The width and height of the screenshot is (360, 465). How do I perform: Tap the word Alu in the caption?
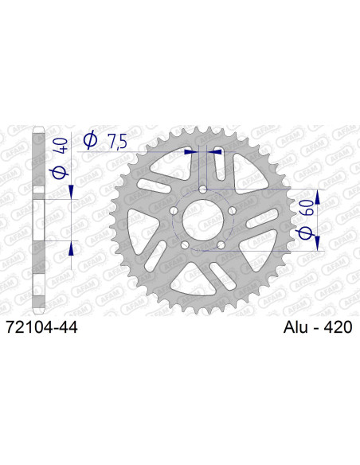click(x=297, y=326)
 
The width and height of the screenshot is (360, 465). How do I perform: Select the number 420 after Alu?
click(x=337, y=326)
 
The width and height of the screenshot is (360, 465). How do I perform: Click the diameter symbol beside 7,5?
click(x=91, y=141)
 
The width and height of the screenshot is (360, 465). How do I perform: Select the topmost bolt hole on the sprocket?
click(x=203, y=190)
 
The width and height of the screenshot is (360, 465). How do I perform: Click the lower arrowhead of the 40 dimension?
click(x=72, y=248)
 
